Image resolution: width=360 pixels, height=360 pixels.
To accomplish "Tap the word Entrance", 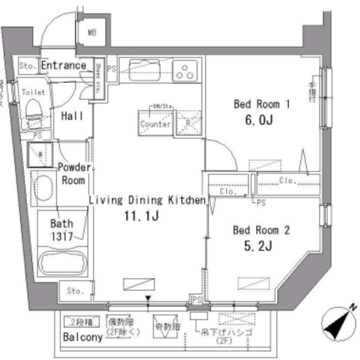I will coord(64,65).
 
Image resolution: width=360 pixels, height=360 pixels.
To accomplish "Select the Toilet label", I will coord(33,91).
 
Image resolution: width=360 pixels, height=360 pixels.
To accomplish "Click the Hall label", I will coord(73,116).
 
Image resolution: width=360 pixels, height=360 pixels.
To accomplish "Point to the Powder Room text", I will coord(74,174).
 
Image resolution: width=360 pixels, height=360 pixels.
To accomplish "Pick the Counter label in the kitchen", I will coord(155,124).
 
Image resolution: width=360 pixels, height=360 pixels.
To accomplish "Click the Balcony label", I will coord(83,337).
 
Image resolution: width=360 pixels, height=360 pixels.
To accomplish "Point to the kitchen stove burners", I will coord(185,71).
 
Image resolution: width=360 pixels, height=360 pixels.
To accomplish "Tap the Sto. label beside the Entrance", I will coord(27,66).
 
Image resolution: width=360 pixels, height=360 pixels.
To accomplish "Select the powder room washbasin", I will coord(43,185).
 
